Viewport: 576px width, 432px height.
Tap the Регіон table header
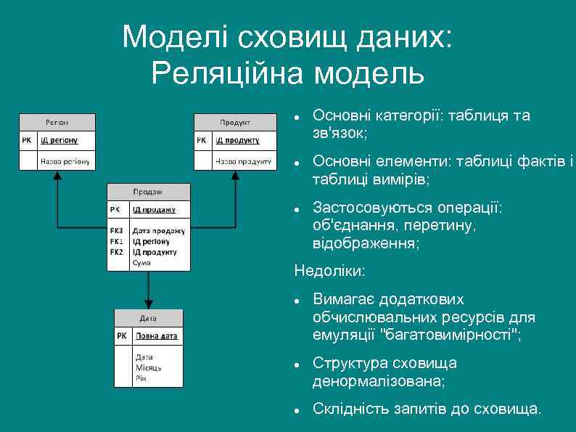click(x=57, y=122)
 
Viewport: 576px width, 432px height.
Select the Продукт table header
click(x=235, y=122)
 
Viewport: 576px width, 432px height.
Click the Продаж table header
click(x=147, y=192)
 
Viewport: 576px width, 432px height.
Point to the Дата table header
click(x=147, y=318)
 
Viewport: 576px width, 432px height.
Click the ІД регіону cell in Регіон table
click(x=59, y=139)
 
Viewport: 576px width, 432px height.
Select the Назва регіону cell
click(x=65, y=160)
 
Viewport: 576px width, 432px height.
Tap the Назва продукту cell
click(x=244, y=160)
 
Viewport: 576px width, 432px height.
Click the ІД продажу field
click(x=154, y=209)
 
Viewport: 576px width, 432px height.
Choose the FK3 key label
click(x=117, y=231)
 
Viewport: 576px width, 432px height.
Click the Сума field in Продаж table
click(x=141, y=262)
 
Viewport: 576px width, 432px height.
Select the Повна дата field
click(x=157, y=336)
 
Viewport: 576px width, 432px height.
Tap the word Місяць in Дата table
click(x=148, y=367)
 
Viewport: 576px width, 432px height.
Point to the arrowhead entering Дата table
click(x=147, y=304)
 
